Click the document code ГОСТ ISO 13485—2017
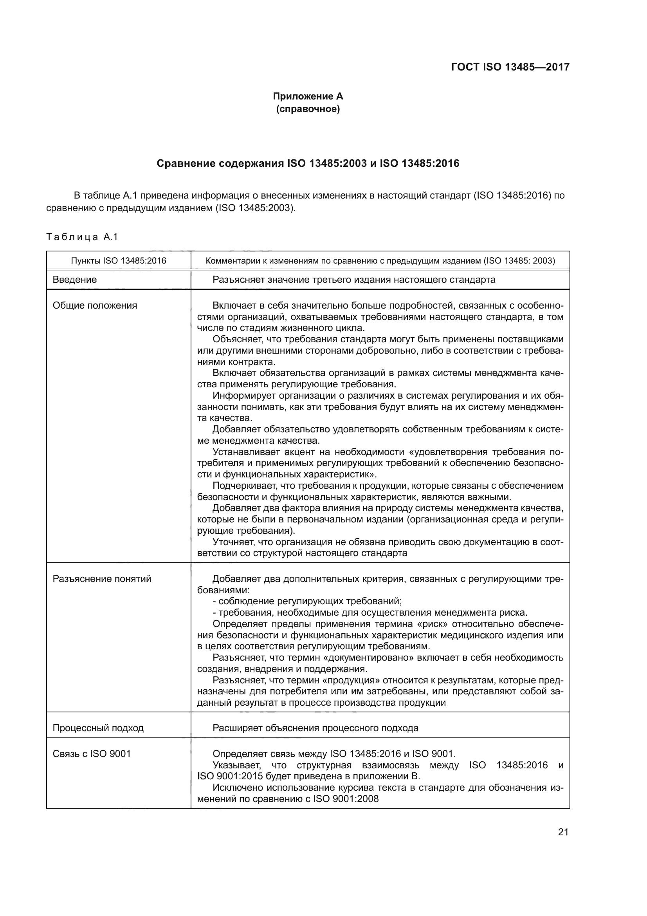(x=510, y=67)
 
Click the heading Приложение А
(x=308, y=96)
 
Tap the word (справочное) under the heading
(x=308, y=109)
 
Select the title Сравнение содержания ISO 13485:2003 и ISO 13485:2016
(x=308, y=163)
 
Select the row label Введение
(x=74, y=279)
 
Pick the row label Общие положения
(x=95, y=305)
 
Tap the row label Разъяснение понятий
(x=102, y=578)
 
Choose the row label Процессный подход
(x=98, y=728)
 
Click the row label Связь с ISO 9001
(x=92, y=753)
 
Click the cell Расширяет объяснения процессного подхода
(x=315, y=728)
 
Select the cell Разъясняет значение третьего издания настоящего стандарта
(x=353, y=279)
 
